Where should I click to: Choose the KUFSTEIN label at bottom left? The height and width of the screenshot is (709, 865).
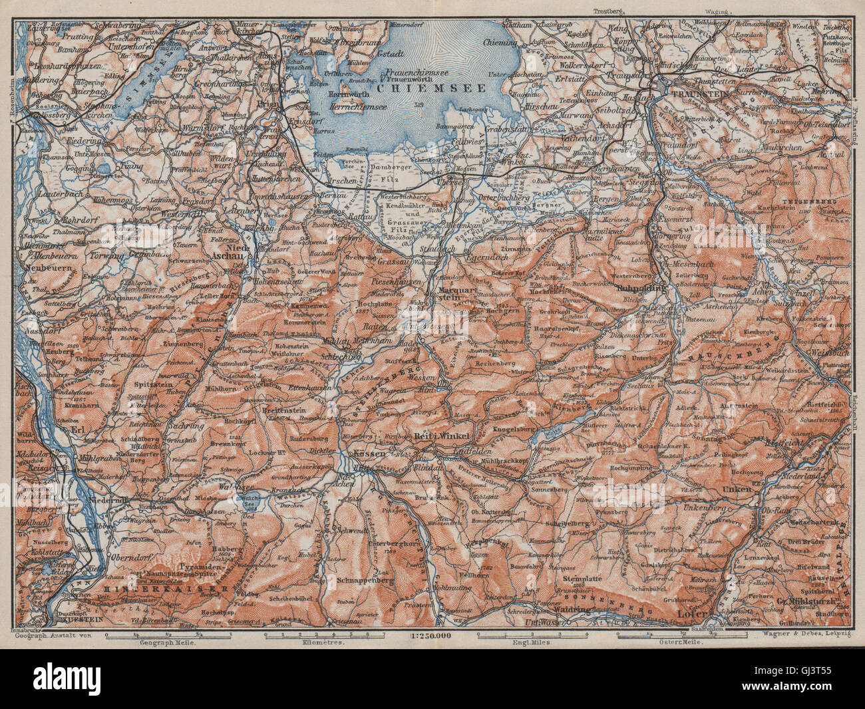(x=81, y=619)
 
